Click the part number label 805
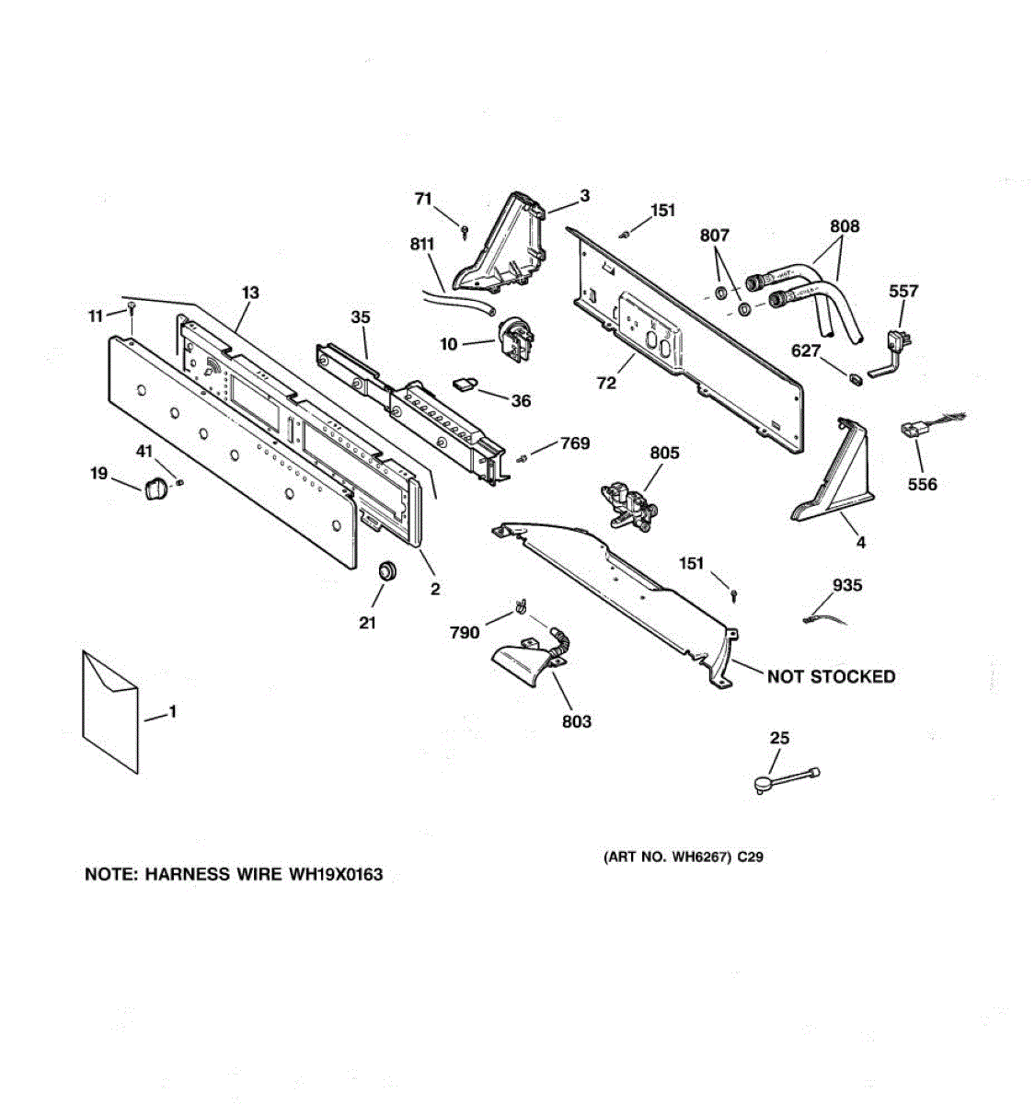tap(664, 453)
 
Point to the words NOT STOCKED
tap(831, 677)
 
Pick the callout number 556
tap(922, 484)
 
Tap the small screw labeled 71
tap(466, 227)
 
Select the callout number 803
tap(577, 721)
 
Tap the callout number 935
tap(846, 585)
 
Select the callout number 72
tap(606, 383)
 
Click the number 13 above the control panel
tap(250, 293)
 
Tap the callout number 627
tap(806, 351)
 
